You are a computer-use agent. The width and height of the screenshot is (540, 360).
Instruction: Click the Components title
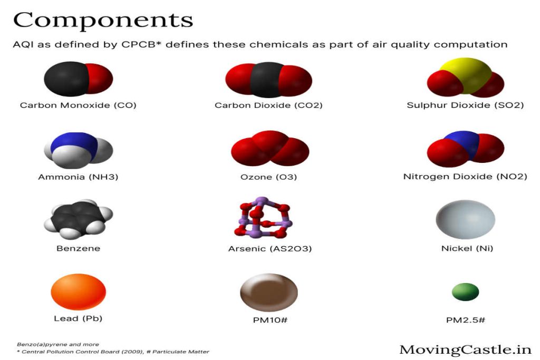(x=103, y=21)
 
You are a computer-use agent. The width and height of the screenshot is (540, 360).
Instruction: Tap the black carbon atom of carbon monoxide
(x=66, y=79)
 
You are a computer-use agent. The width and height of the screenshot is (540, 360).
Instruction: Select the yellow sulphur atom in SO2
(x=466, y=74)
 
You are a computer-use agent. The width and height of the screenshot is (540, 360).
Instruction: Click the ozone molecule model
(x=270, y=148)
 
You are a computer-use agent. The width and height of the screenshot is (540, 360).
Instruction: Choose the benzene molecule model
(x=78, y=219)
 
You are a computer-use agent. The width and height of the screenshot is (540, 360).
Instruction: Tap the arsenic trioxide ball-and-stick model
(x=263, y=218)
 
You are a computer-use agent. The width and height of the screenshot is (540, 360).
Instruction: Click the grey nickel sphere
(x=465, y=219)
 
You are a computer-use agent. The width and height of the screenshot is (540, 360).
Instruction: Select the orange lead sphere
(x=78, y=292)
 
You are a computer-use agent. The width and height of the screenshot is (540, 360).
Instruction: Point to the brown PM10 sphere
(x=269, y=293)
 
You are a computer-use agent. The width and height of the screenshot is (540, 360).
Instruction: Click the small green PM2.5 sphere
(x=465, y=292)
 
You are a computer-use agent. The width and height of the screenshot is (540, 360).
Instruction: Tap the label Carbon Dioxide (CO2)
(x=268, y=105)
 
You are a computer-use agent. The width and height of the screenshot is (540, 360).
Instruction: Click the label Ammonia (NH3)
(x=78, y=177)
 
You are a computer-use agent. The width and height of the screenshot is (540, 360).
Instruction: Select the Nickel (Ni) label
(x=467, y=248)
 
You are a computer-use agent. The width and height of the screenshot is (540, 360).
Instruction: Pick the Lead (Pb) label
(x=78, y=318)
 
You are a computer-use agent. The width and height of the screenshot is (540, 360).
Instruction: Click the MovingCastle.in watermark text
(x=465, y=349)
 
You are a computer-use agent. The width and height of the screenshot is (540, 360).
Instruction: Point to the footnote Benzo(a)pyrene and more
(x=58, y=344)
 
